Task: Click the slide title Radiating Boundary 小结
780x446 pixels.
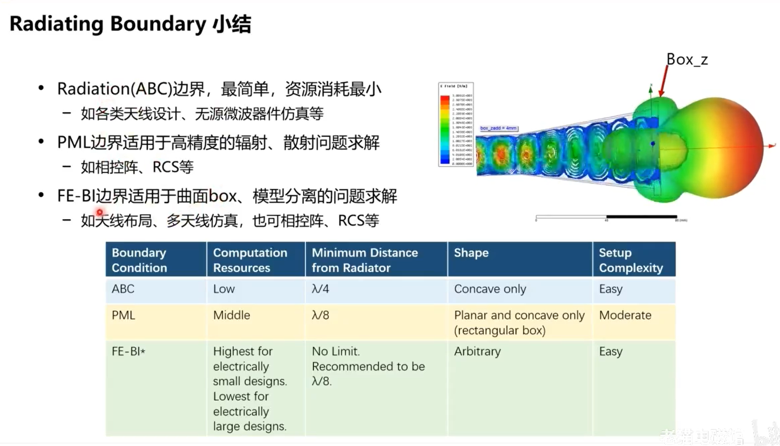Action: click(x=130, y=24)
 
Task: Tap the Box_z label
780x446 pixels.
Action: click(x=687, y=59)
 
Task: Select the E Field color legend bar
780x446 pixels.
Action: click(x=445, y=129)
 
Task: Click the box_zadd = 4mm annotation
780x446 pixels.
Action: click(x=498, y=128)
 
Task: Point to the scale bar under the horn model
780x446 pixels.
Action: click(x=607, y=217)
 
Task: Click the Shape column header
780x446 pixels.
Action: click(x=471, y=253)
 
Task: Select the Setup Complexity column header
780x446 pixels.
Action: click(x=631, y=260)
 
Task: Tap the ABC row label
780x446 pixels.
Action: click(x=123, y=289)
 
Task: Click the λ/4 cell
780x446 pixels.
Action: click(x=320, y=289)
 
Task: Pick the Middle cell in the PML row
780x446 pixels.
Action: click(x=231, y=315)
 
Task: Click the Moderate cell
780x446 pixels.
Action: click(x=625, y=315)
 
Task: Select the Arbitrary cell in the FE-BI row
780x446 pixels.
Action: click(x=477, y=351)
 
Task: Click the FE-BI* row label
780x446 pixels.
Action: click(x=128, y=351)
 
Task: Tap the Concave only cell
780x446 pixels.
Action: click(x=490, y=289)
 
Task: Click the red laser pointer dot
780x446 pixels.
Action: click(x=99, y=212)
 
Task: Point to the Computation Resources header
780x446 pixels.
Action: click(x=250, y=260)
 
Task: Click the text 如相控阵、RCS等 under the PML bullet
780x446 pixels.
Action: click(x=137, y=167)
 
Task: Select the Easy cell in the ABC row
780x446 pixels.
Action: click(x=610, y=289)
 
